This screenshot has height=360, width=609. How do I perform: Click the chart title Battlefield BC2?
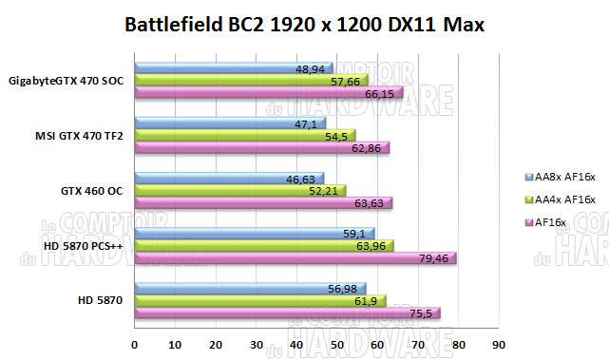pos(304,25)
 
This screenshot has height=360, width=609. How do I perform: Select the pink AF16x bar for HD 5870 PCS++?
pos(295,258)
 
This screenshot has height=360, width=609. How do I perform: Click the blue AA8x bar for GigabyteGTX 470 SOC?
pos(233,68)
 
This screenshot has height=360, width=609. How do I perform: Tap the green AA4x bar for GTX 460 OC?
pos(239,191)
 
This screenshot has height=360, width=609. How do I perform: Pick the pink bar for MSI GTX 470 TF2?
pos(261,148)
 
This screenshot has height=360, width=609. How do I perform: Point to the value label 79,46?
pos(435,256)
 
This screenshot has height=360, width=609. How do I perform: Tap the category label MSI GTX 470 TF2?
pos(79,136)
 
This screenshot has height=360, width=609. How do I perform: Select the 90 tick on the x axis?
pos(498,344)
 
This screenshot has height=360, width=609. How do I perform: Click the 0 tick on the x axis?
pos(135,344)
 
